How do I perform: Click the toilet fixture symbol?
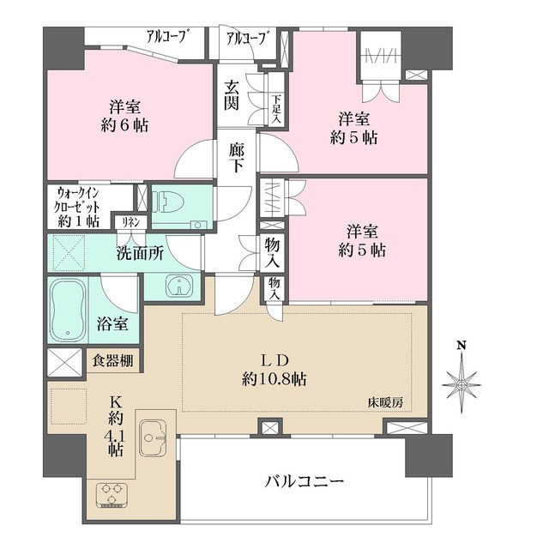coord(172,203)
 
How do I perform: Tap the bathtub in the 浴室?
coord(68,310)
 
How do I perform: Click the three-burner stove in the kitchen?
coord(112,494)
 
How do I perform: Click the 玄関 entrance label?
coord(232,94)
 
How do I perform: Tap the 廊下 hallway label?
coord(237,157)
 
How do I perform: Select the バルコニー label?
coord(305,481)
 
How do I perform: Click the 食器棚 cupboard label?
coord(112,360)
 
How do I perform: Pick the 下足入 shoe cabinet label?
coord(276,109)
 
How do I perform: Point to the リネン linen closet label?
coord(131,222)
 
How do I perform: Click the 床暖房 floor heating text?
coord(385,402)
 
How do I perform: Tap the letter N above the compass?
coord(462,346)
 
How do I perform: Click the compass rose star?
coord(462,385)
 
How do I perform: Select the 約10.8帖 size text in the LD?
coord(274,379)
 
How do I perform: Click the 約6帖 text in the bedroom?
coord(124,125)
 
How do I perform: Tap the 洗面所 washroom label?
coord(140,254)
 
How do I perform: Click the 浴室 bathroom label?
coord(112,324)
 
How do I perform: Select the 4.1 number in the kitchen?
coord(116,437)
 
